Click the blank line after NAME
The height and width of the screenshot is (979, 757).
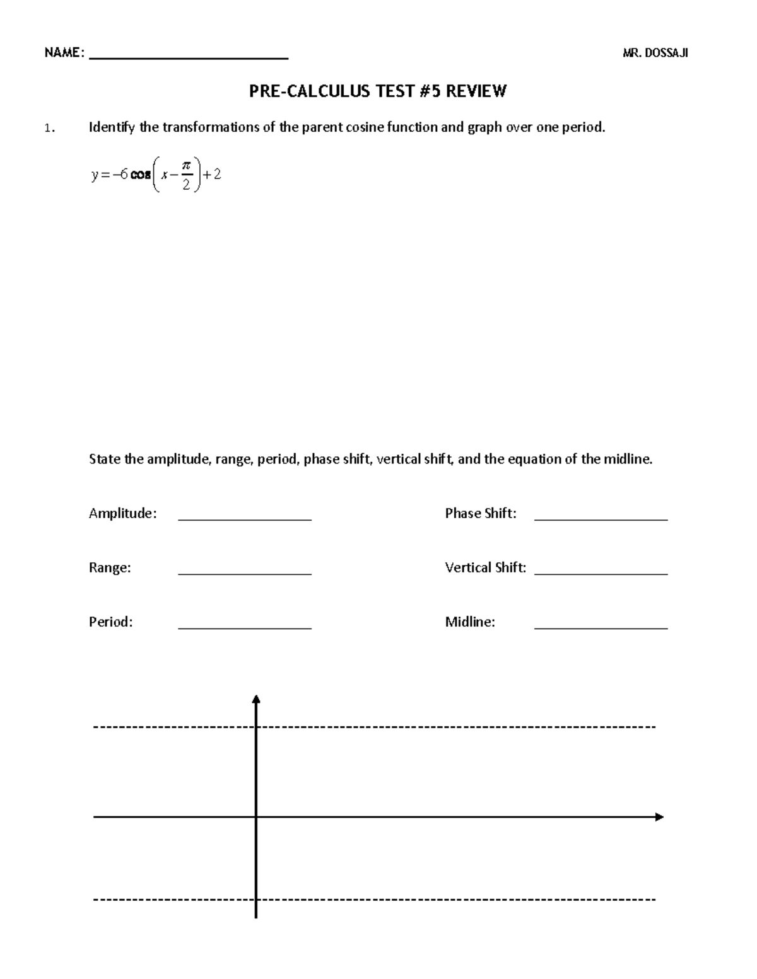click(189, 57)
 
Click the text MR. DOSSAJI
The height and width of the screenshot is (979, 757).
click(655, 54)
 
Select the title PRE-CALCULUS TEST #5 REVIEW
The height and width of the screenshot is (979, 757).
click(377, 92)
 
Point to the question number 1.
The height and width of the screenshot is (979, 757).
click(49, 129)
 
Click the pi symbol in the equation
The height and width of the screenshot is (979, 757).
click(185, 165)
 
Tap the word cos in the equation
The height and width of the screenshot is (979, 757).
click(141, 175)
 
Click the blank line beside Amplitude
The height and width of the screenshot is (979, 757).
click(245, 519)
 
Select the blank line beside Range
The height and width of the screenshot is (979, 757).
click(245, 574)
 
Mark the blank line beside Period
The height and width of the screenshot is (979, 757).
click(245, 628)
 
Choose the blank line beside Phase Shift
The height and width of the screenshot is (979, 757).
click(601, 519)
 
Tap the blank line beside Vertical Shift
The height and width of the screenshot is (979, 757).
click(601, 574)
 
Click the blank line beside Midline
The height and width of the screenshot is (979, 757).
click(601, 628)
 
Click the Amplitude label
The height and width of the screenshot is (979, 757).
click(122, 513)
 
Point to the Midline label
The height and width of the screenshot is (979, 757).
click(470, 622)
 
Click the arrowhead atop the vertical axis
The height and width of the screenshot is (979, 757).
click(256, 698)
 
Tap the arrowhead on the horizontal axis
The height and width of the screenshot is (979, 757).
click(659, 817)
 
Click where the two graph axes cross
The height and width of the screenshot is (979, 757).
click(256, 817)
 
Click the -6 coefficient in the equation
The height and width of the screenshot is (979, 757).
click(119, 175)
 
